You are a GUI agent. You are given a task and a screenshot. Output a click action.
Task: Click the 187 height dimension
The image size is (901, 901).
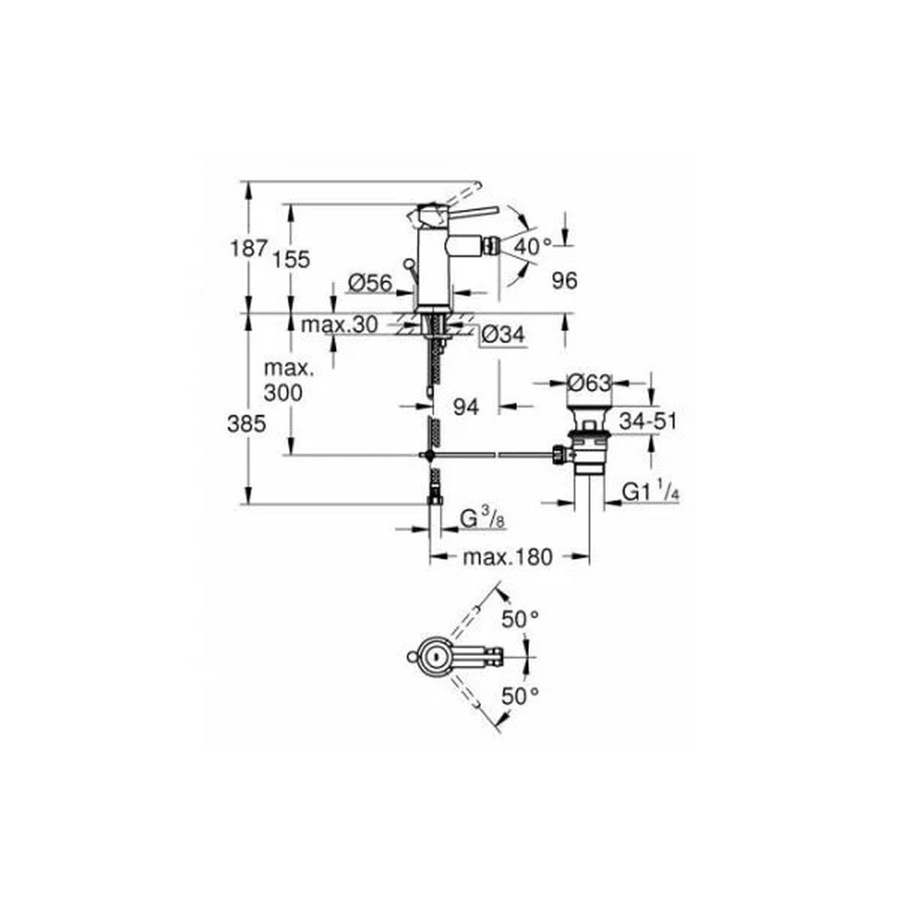coord(249,249)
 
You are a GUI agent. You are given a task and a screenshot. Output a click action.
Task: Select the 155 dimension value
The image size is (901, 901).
coord(291,259)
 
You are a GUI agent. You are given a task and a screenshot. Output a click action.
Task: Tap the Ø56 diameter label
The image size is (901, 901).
coord(370,283)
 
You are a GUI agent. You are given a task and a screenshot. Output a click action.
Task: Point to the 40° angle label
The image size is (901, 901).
coord(532,247)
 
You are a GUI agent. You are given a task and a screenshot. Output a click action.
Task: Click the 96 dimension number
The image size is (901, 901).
coord(564,281)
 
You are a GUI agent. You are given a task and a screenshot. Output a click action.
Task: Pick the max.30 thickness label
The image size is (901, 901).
coord(340,325)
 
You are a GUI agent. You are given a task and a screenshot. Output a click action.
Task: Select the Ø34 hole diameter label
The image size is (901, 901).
coord(504,334)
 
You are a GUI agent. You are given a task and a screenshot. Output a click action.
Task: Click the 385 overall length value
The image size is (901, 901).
coord(247,424)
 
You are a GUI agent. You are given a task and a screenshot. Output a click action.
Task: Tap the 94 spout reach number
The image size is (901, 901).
coord(466,407)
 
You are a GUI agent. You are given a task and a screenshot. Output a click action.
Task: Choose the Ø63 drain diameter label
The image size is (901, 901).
coord(589,382)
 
